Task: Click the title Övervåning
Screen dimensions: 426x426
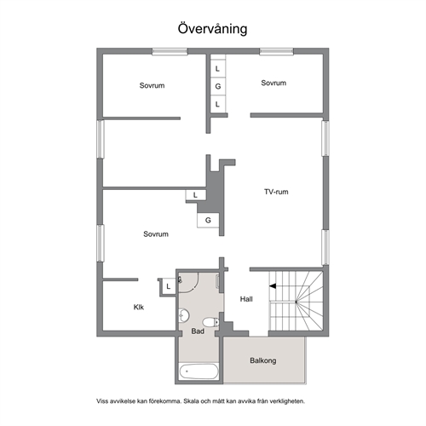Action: [212, 29]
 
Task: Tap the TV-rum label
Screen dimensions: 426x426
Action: [276, 192]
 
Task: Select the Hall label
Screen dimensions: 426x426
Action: [246, 299]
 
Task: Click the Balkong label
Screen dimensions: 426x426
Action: [263, 360]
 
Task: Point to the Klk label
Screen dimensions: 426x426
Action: [139, 307]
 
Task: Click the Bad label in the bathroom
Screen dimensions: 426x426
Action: [198, 331]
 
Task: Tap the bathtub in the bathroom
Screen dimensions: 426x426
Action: [199, 371]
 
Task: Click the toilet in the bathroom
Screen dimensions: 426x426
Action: [211, 322]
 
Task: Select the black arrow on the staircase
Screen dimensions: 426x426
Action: [273, 286]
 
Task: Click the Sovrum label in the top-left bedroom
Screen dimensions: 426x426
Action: [152, 85]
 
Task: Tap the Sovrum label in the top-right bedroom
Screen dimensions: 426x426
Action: [273, 83]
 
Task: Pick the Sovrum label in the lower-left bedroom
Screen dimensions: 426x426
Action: [156, 234]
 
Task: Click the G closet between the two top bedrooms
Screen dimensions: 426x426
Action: [218, 86]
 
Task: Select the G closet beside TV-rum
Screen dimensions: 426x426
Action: [208, 220]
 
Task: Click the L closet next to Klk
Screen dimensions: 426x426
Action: [169, 286]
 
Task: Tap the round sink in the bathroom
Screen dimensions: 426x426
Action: [184, 315]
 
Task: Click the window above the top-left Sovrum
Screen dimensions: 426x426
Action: [170, 52]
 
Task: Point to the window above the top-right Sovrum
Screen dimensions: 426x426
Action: [276, 52]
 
